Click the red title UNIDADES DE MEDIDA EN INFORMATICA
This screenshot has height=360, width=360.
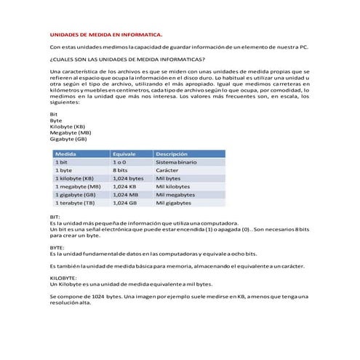[x=106, y=33]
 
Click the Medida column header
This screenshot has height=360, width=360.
[x=67, y=154]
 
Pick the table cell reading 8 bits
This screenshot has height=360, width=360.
[x=121, y=169]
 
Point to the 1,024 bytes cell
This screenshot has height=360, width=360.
[x=129, y=178]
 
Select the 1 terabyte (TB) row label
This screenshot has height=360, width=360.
[x=77, y=204]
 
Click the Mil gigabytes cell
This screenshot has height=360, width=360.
[x=175, y=204]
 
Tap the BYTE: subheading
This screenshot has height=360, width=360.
[x=57, y=247]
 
